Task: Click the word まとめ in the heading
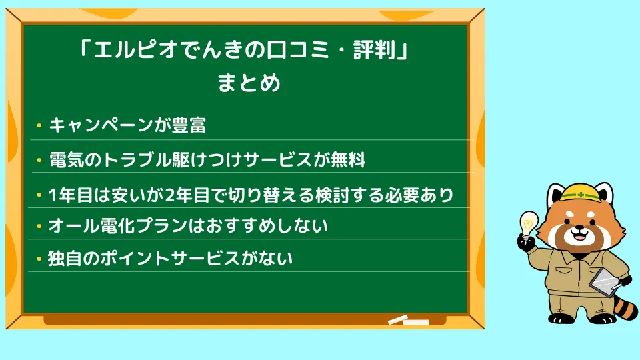tap(249, 83)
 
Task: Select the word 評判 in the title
tap(374, 50)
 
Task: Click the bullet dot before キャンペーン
tap(39, 126)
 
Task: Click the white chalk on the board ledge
tap(408, 320)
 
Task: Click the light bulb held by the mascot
tap(529, 224)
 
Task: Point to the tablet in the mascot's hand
tap(604, 282)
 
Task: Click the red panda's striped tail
tap(625, 305)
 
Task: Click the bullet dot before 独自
tap(39, 259)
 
